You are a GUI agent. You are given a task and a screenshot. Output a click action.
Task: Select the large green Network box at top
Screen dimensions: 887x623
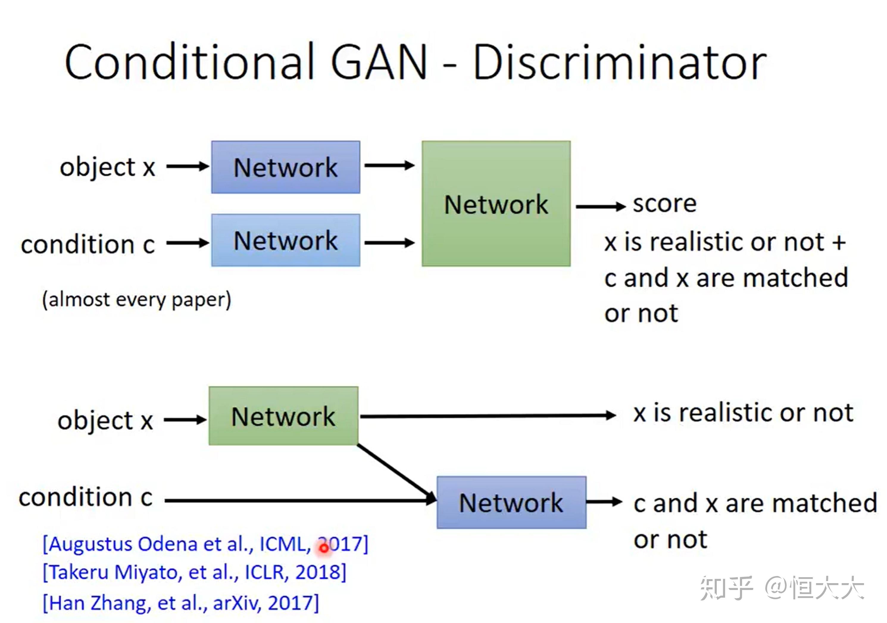tap(496, 204)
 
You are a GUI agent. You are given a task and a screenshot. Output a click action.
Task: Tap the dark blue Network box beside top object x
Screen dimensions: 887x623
tap(285, 167)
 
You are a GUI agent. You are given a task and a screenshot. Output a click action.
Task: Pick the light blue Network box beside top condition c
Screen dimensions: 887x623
tap(285, 240)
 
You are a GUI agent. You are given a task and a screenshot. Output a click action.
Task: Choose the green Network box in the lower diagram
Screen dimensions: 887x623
tap(284, 416)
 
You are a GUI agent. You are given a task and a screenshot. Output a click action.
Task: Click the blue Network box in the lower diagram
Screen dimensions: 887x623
tap(511, 503)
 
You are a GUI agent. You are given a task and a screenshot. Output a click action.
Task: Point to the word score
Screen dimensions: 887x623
tap(664, 204)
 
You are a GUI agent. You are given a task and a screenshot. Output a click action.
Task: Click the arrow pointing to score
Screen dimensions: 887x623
tap(601, 207)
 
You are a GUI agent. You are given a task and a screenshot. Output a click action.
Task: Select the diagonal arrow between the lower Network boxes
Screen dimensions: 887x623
tap(397, 473)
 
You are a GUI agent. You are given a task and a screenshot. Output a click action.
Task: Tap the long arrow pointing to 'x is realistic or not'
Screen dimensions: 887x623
tap(488, 416)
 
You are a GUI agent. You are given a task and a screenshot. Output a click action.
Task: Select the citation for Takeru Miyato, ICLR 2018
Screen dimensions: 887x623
tap(194, 572)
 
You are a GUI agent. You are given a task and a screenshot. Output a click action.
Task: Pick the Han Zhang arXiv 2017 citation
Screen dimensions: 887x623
tap(181, 603)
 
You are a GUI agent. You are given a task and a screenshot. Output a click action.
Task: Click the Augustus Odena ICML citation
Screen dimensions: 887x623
tap(205, 544)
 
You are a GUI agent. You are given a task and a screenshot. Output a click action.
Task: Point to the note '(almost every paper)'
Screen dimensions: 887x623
tap(137, 300)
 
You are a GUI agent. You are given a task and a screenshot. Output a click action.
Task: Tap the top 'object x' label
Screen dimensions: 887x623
tap(107, 168)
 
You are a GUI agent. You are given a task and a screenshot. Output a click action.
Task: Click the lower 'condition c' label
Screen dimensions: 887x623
tap(85, 497)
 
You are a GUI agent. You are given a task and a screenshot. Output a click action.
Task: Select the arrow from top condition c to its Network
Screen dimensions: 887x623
tap(188, 243)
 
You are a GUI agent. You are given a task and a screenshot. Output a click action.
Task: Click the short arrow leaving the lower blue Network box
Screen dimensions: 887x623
tap(604, 502)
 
